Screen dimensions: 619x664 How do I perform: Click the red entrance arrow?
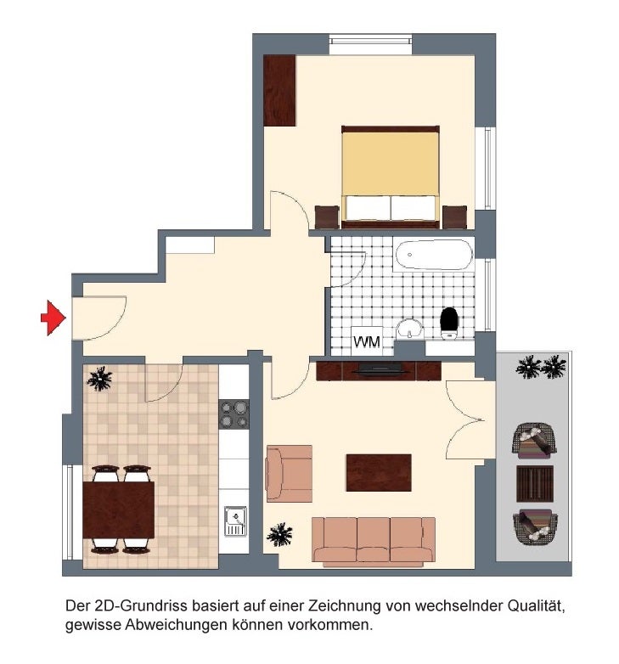coord(53,318)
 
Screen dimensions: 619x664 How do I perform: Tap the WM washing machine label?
coord(367,341)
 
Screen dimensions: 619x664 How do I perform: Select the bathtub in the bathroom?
coord(434,255)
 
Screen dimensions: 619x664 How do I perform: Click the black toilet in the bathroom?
coord(449,324)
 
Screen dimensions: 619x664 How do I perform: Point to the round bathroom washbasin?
coord(410,329)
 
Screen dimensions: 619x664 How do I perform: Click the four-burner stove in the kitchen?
coord(234,414)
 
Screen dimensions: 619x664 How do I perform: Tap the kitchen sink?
coord(235,521)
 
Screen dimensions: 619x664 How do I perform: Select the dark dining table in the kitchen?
coord(119,509)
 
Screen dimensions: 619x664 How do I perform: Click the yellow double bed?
coord(391,176)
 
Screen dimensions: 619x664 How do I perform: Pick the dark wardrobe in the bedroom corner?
coord(279,90)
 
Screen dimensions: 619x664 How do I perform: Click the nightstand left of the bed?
coord(327,217)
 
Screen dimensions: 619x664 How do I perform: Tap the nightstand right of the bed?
coord(454,217)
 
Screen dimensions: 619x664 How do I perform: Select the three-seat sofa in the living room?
coord(374,542)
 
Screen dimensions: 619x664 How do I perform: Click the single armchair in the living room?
coord(290,474)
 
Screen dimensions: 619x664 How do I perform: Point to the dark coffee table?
coord(379,473)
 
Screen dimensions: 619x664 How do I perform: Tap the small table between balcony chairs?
coord(534,483)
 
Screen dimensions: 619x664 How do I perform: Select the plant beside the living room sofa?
coord(279,534)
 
